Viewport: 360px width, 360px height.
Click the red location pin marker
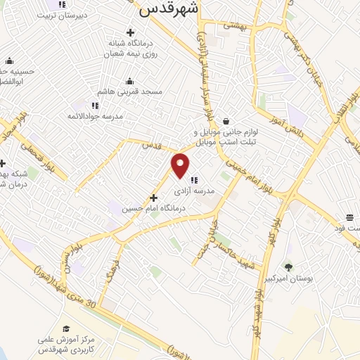(x=181, y=165)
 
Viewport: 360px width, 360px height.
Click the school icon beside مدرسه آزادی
(x=193, y=179)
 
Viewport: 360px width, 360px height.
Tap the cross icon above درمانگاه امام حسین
(x=153, y=198)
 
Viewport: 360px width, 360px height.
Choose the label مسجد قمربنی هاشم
(x=131, y=91)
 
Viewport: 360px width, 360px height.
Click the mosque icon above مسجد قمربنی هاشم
(x=130, y=81)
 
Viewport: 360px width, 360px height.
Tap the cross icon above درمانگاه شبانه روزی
(x=130, y=32)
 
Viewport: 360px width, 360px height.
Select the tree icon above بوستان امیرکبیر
(x=288, y=267)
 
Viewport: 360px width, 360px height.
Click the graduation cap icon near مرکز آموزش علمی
(x=65, y=328)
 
